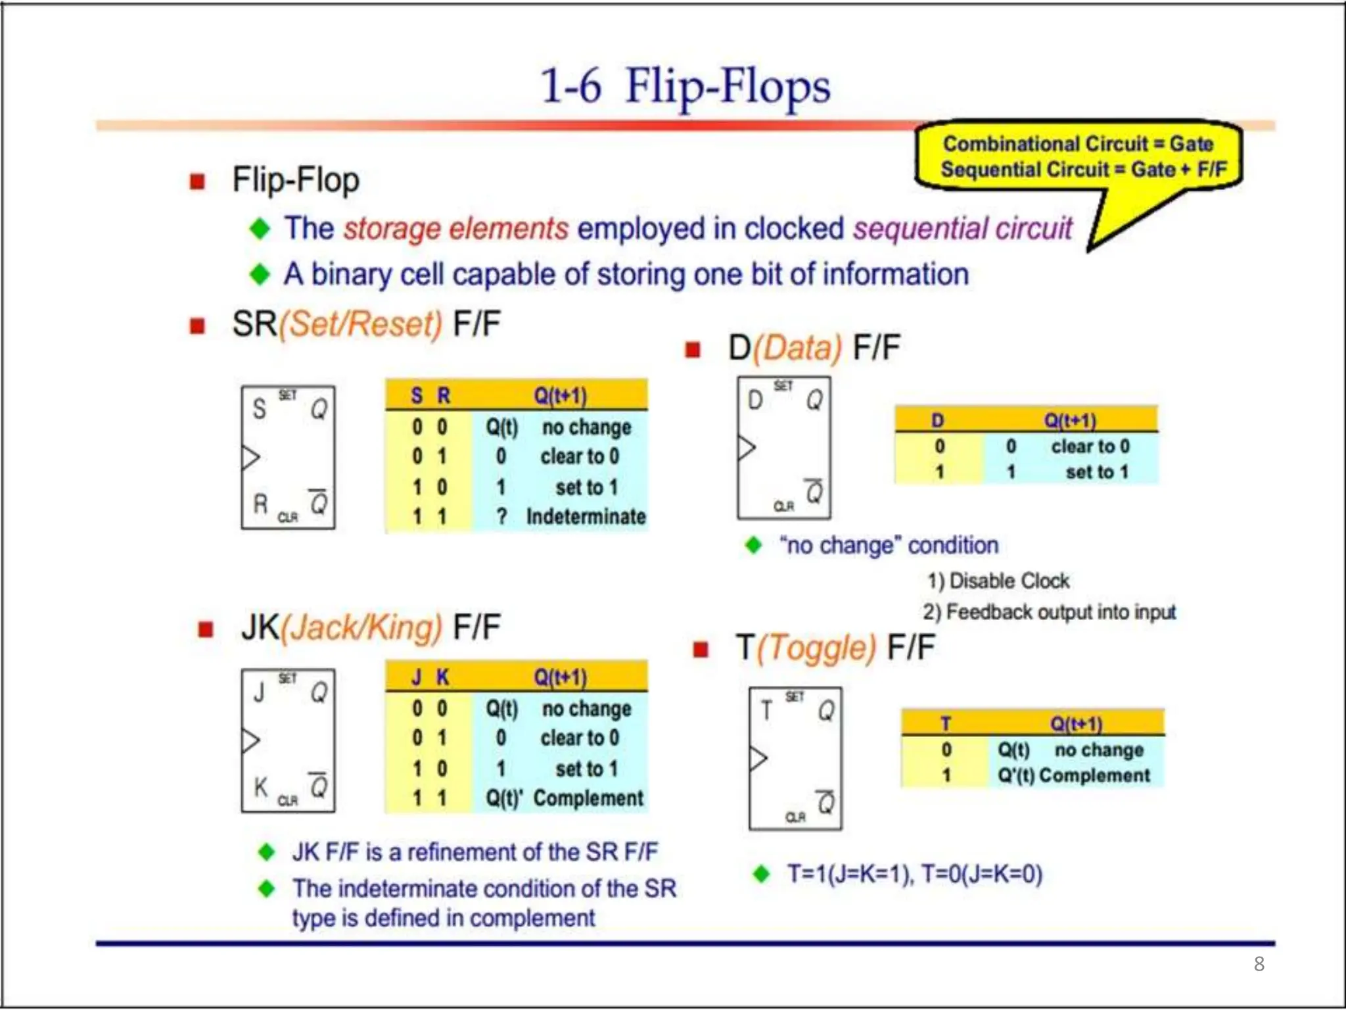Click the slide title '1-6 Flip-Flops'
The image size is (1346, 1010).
[x=685, y=87]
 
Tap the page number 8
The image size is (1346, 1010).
[x=1259, y=964]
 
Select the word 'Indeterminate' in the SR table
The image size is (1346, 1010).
[x=586, y=517]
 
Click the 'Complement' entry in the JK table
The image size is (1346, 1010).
[x=588, y=798]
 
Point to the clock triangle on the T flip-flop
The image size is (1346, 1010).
[x=758, y=758]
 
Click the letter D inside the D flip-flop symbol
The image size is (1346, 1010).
[x=755, y=400]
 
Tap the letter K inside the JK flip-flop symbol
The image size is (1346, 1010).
[x=261, y=786]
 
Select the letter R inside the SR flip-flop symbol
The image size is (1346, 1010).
[x=261, y=504]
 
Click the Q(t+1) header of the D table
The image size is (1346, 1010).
[x=1070, y=420]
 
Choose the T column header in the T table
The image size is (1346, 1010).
[x=946, y=723]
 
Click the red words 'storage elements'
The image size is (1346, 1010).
[x=455, y=229]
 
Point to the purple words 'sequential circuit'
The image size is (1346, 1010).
[x=962, y=229]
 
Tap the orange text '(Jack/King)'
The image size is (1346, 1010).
[x=361, y=627]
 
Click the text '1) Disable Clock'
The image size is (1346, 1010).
[x=998, y=581]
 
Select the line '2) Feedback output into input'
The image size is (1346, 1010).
[x=1049, y=612]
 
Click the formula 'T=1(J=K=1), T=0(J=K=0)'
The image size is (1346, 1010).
[x=915, y=874]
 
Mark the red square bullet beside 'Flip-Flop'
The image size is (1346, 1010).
[x=197, y=181]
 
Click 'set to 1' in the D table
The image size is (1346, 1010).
[x=1096, y=472]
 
